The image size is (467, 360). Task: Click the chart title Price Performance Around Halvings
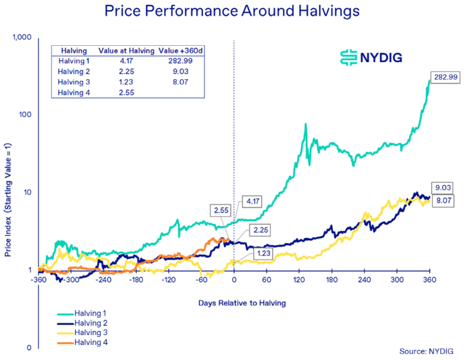click(x=233, y=11)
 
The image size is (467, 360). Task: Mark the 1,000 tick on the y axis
click(x=22, y=38)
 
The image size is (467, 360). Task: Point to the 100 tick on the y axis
click(x=25, y=115)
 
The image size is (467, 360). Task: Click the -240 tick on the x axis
click(x=104, y=280)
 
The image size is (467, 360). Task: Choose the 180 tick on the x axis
click(x=332, y=280)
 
